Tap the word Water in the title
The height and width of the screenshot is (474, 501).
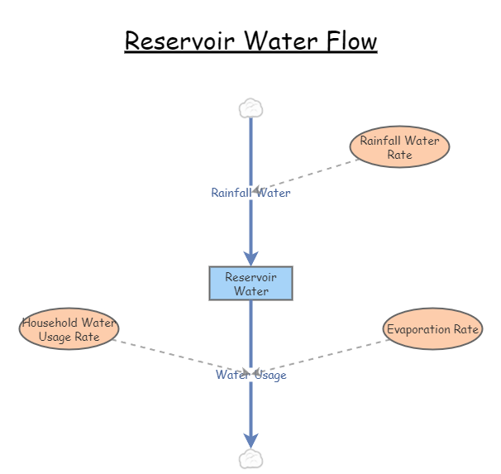point(272,41)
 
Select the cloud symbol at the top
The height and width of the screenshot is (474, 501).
point(250,108)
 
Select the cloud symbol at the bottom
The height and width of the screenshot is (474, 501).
point(250,459)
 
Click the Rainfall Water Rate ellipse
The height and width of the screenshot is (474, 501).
point(399,147)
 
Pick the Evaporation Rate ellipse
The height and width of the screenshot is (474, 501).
point(432,329)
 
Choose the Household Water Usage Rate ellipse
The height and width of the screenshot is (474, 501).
point(69,329)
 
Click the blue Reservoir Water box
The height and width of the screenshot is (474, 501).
point(250,283)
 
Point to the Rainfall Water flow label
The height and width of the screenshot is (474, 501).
point(250,193)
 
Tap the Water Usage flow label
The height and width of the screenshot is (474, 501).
point(250,375)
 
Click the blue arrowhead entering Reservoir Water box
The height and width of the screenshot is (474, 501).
point(250,257)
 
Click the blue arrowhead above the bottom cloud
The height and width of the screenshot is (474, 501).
point(250,440)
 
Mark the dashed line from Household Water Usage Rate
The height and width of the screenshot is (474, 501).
point(174,354)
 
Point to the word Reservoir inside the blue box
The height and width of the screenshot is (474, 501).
point(250,277)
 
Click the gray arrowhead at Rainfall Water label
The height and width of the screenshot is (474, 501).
point(257,189)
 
